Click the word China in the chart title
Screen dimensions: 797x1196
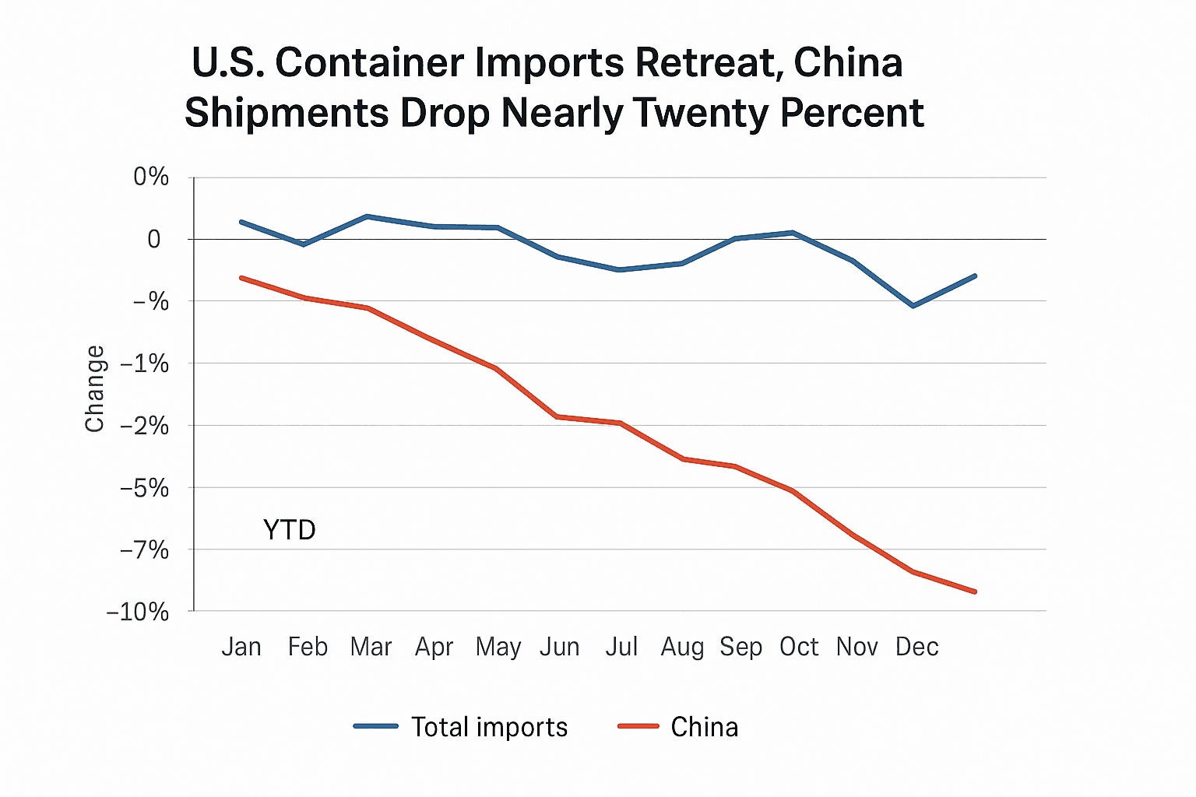[x=848, y=62]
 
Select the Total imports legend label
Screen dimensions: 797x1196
[x=489, y=727]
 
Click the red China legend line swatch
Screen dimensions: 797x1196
[x=638, y=726]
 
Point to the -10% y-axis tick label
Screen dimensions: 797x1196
[x=138, y=612]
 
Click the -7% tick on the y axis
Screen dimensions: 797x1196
[x=144, y=550]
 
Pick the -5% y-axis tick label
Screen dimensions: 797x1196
[x=144, y=488]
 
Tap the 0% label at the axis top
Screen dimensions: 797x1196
[x=151, y=177]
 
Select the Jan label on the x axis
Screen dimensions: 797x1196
[x=241, y=647]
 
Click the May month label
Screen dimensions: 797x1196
[x=498, y=648]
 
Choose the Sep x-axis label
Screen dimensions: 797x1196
[x=740, y=648]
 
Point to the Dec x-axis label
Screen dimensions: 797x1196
[x=916, y=647]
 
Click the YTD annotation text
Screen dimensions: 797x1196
[x=290, y=530]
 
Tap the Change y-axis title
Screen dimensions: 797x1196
[x=94, y=388]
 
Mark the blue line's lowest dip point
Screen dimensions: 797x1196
[x=913, y=306]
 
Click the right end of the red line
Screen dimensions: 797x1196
[x=975, y=592]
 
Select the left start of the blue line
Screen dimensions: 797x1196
[x=241, y=222]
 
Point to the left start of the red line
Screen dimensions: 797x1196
[x=241, y=278]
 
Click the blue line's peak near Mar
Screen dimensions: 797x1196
[x=367, y=216]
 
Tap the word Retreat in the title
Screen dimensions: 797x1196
[x=707, y=62]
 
